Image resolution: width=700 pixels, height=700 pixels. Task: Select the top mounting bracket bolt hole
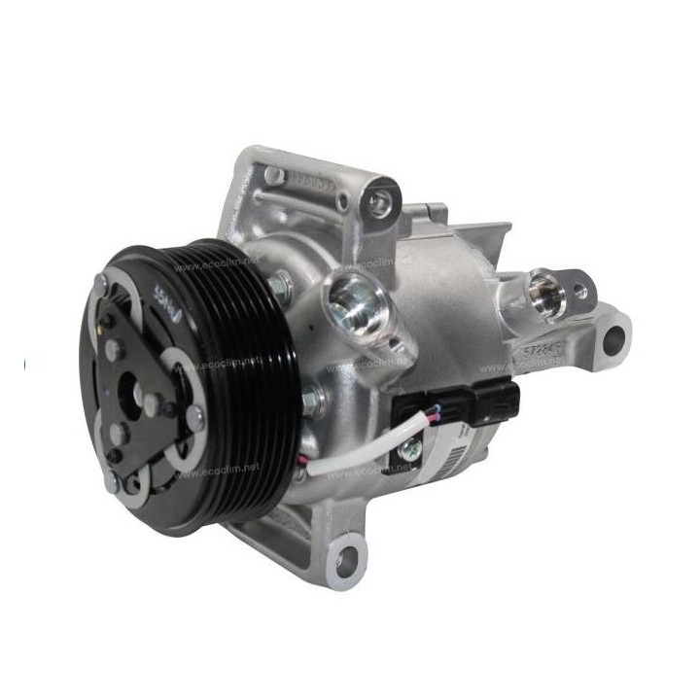378,201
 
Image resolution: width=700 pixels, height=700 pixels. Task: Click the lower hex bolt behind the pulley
313,400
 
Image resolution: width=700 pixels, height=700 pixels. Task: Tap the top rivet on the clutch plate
101,283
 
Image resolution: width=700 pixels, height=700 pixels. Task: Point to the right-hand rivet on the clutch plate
195,417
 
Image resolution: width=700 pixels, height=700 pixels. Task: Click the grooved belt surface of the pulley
243,389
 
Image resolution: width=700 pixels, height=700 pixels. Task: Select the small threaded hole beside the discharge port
579,291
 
